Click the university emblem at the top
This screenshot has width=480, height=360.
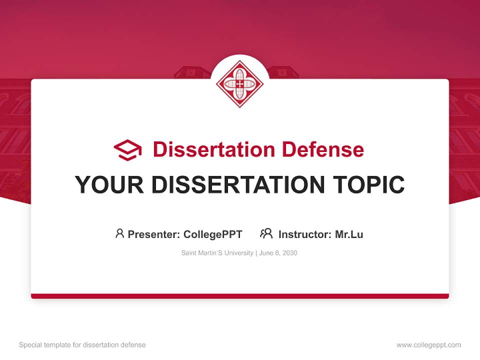pos(239,83)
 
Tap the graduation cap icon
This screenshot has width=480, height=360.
pos(127,149)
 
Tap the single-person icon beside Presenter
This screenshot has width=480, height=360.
pos(119,233)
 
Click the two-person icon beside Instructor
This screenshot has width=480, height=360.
pos(266,233)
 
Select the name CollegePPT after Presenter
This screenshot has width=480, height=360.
pos(212,234)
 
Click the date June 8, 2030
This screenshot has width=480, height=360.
pos(278,253)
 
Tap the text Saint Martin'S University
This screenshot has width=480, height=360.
pos(217,253)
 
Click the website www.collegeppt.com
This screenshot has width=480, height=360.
pos(428,345)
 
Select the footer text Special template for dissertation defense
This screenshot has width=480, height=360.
pos(82,345)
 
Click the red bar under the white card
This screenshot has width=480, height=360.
pos(239,296)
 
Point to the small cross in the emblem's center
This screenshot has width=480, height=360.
pos(239,84)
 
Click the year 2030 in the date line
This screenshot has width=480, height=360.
pos(289,253)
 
